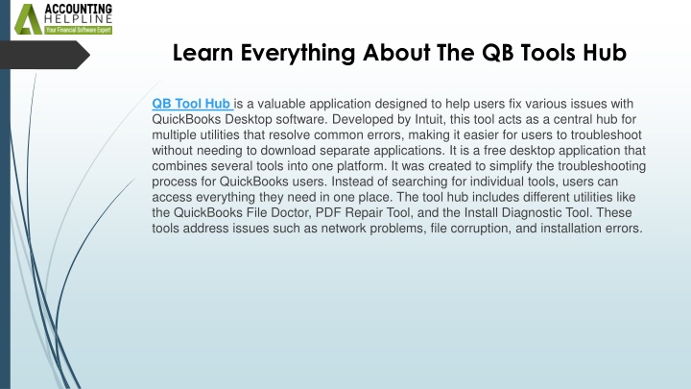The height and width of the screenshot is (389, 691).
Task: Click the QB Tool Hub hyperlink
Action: click(x=192, y=104)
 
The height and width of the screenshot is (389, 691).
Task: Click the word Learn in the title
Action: click(x=203, y=53)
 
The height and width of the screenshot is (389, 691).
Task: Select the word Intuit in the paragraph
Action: click(x=430, y=119)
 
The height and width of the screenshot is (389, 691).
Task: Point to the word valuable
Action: click(x=281, y=104)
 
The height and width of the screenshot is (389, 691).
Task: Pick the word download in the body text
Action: click(x=288, y=151)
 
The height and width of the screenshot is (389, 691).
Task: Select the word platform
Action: click(x=361, y=166)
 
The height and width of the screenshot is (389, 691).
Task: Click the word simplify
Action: click(x=529, y=166)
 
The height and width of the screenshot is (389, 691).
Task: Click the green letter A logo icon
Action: click(x=28, y=19)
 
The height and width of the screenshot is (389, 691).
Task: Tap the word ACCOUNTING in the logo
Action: click(x=79, y=9)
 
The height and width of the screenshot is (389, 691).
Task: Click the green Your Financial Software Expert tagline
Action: click(x=78, y=30)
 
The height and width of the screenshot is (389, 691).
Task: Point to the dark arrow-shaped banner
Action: click(x=44, y=55)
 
